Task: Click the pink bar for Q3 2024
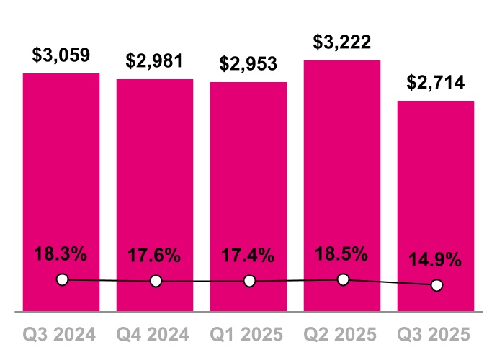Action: (61, 180)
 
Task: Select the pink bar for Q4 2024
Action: (155, 180)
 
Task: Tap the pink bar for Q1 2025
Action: (248, 180)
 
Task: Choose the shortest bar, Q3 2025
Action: (436, 194)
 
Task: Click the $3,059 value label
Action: (61, 55)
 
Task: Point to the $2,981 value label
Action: (155, 60)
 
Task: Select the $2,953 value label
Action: (248, 63)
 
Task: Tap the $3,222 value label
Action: (342, 42)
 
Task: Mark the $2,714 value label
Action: (436, 82)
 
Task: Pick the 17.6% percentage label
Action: (155, 256)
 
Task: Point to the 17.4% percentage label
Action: (248, 256)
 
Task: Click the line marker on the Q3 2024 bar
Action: (62, 279)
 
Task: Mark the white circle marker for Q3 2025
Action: (436, 285)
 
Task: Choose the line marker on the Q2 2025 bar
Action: (344, 279)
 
